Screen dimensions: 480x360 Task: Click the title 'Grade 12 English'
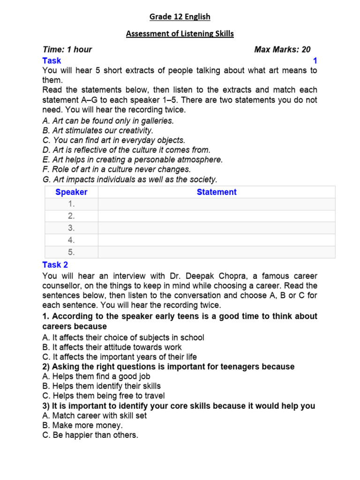click(x=180, y=17)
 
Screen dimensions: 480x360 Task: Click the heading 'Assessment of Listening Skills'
click(x=180, y=34)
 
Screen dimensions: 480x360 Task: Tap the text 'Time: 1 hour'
click(x=67, y=50)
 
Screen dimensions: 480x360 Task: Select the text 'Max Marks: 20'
click(x=282, y=50)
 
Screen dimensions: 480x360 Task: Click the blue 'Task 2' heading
click(x=55, y=265)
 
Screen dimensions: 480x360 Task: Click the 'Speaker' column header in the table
click(x=71, y=192)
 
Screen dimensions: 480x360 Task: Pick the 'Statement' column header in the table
click(x=217, y=192)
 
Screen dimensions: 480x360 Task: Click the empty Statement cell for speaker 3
click(x=217, y=228)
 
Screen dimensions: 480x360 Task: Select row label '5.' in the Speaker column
click(x=71, y=252)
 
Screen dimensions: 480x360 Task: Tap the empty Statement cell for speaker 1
click(x=217, y=204)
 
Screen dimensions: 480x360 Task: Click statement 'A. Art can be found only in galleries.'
click(x=108, y=120)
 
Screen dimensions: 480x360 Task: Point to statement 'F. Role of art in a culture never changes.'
click(x=117, y=170)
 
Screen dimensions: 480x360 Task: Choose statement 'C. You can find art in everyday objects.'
click(x=114, y=140)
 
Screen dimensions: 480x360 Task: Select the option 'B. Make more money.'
click(x=82, y=426)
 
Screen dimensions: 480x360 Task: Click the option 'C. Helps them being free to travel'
click(x=104, y=396)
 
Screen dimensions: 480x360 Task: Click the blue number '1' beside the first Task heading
click(x=315, y=61)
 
